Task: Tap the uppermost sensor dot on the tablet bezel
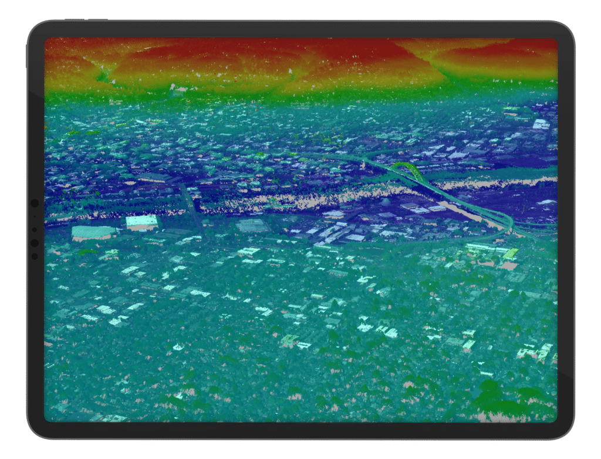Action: coord(34,203)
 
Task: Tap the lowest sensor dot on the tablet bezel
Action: coord(34,256)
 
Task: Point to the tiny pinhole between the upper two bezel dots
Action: coord(34,217)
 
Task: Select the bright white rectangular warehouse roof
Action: coord(142,222)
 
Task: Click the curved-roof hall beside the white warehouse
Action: coord(93,232)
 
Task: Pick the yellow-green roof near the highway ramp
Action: coord(510,253)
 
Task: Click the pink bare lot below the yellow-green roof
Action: coord(508,266)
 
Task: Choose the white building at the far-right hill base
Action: coord(541,124)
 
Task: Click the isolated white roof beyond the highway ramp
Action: coord(546,202)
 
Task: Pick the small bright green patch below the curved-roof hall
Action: coord(88,251)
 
